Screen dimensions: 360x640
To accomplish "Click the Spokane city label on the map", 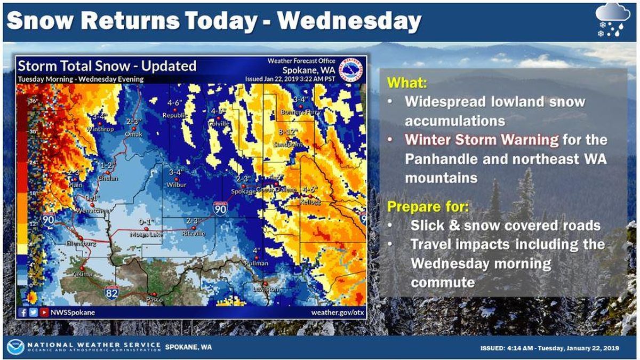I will [240, 192].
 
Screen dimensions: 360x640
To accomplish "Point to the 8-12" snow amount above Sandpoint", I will [288, 131].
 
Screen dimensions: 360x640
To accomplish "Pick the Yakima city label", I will [83, 274].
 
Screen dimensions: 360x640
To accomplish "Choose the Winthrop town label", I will [98, 129].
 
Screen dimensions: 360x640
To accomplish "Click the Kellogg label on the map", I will [311, 203].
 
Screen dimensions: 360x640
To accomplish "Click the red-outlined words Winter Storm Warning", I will [482, 140].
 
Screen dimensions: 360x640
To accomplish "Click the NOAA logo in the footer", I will [15, 347].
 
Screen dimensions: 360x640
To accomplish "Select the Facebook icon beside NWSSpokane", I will [23, 313].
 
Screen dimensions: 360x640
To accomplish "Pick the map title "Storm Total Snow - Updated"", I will [107, 66].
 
